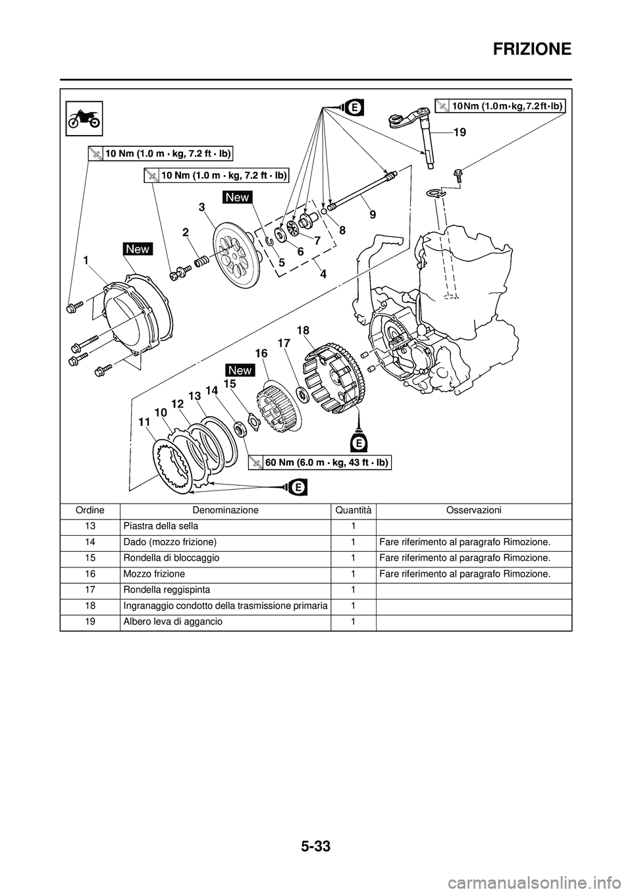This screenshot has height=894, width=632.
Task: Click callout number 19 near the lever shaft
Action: click(460, 132)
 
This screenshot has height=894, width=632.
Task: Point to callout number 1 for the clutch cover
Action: click(86, 261)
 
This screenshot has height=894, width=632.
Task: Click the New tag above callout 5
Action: click(237, 197)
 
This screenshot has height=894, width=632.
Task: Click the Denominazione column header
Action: click(225, 510)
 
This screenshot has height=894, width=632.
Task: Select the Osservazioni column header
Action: click(473, 510)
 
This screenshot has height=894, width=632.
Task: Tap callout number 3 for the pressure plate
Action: click(202, 206)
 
